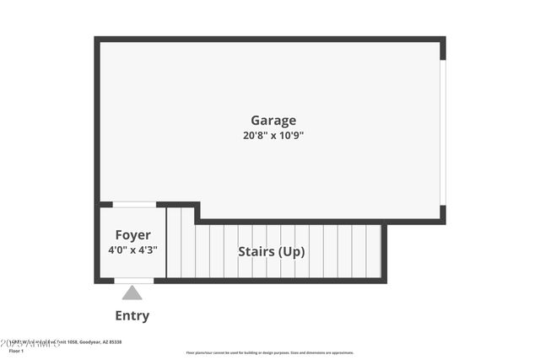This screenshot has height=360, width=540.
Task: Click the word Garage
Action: (273, 121)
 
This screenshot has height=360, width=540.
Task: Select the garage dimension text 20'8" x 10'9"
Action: (273, 135)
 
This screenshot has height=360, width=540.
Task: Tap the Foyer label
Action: (133, 235)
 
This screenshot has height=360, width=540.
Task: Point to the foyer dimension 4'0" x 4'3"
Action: (133, 250)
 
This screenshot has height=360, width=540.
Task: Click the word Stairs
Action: (255, 251)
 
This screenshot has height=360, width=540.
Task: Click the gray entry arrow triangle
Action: (132, 293)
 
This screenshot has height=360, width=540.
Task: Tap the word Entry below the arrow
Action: (132, 316)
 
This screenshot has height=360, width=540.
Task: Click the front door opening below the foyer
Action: (133, 280)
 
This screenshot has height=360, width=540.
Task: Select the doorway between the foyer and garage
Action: (134, 204)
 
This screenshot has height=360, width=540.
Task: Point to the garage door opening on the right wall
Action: (443, 132)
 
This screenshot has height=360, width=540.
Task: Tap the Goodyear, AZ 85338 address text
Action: (100, 341)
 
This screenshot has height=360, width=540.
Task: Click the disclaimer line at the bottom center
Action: (270, 352)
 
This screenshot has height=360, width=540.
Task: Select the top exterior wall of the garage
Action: (270, 39)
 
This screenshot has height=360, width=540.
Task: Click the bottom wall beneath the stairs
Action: (270, 280)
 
